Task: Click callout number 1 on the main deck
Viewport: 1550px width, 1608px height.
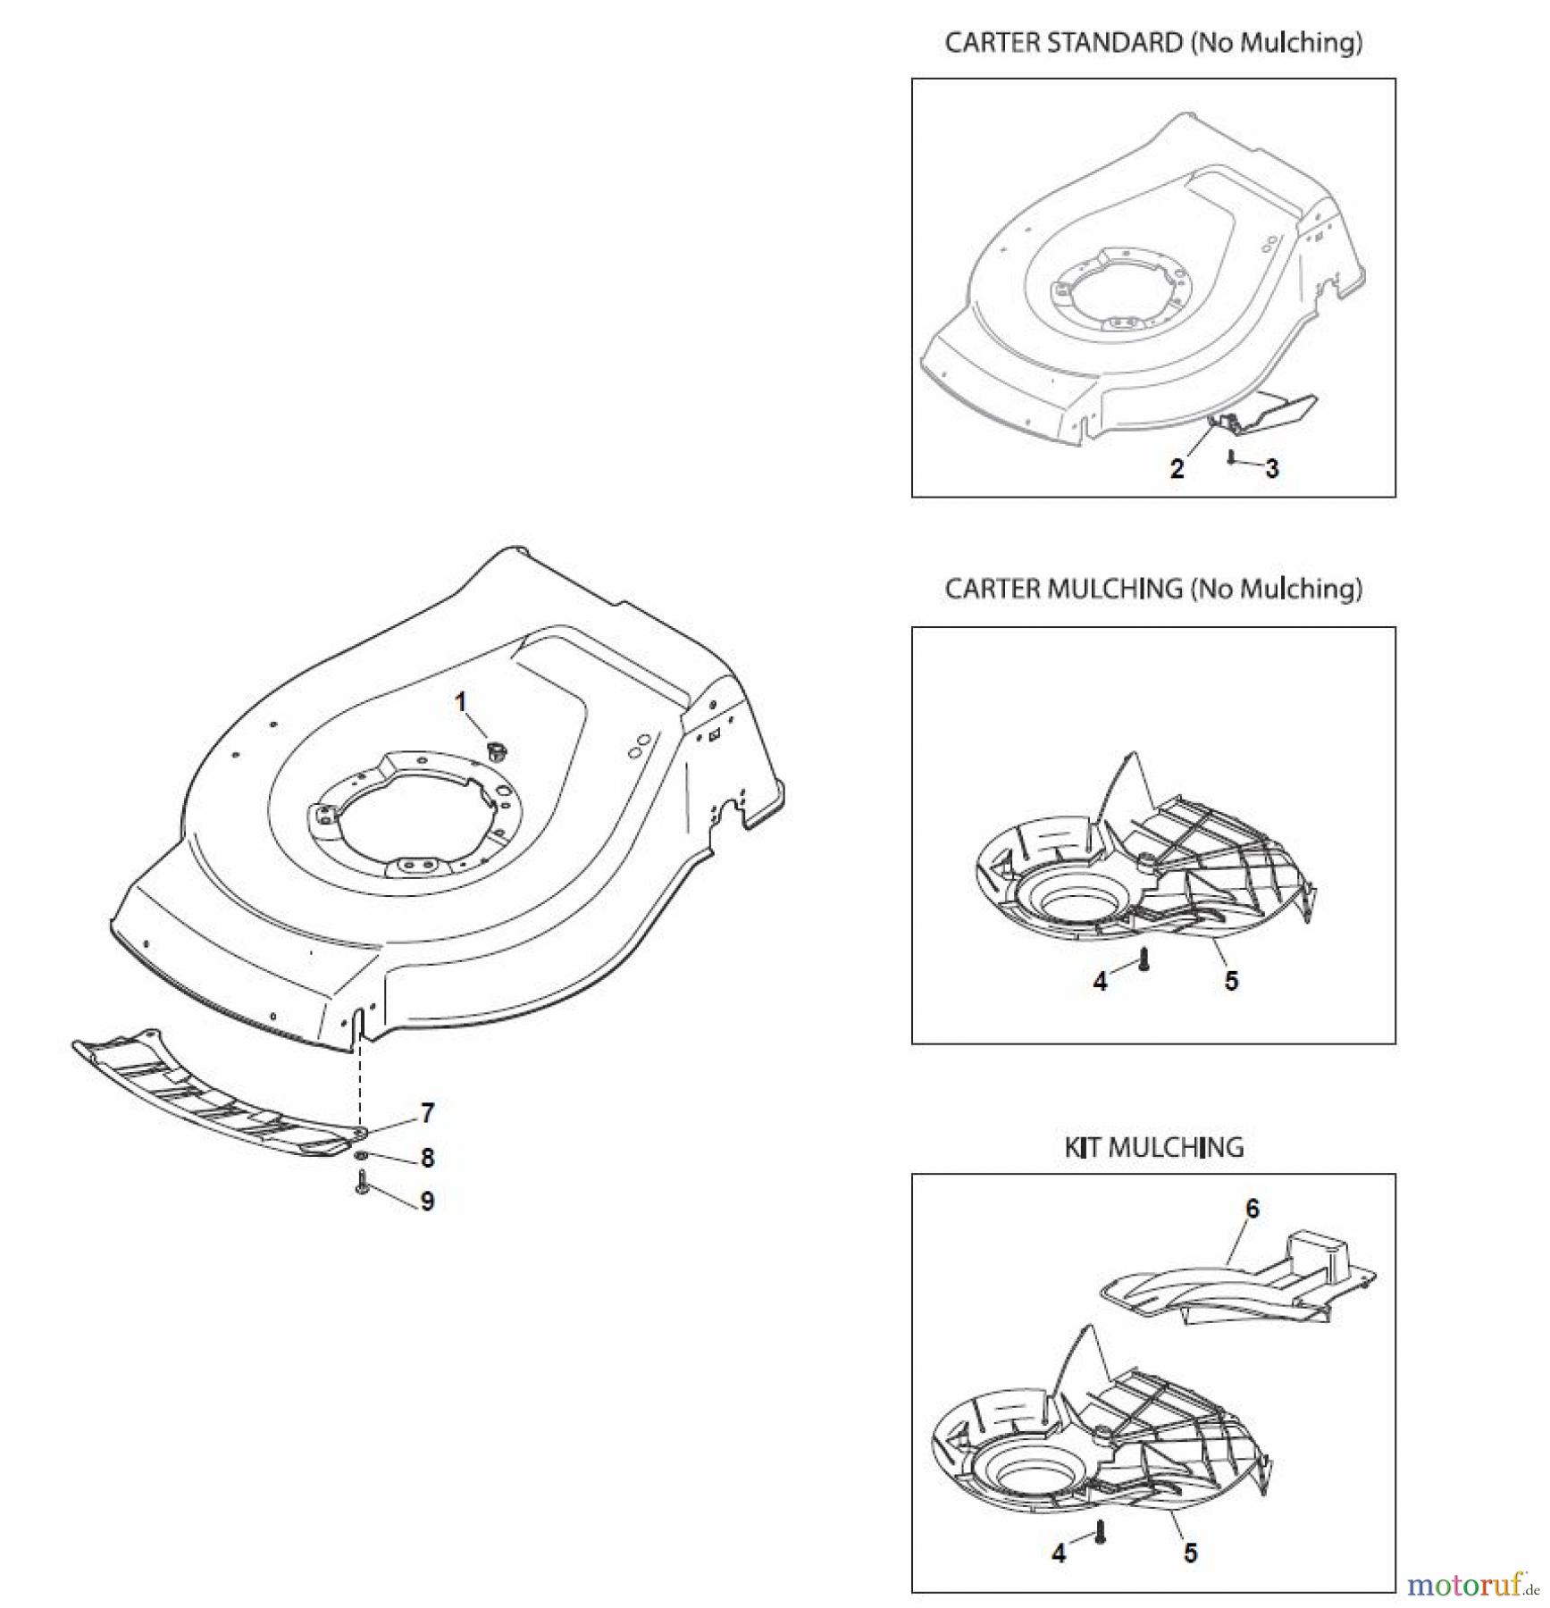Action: pyautogui.click(x=461, y=703)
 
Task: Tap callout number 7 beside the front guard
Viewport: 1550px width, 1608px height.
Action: pyautogui.click(x=428, y=1113)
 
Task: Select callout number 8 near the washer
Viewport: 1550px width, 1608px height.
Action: pyautogui.click(x=428, y=1159)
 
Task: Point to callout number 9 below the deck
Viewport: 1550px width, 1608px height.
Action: pyautogui.click(x=428, y=1202)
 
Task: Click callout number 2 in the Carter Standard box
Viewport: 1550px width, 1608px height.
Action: pyautogui.click(x=1177, y=468)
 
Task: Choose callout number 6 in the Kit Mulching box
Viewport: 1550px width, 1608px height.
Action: pyautogui.click(x=1253, y=1209)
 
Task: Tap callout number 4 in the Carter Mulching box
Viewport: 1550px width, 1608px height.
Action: pyautogui.click(x=1101, y=982)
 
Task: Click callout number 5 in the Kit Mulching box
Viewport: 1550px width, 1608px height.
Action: pyautogui.click(x=1191, y=1553)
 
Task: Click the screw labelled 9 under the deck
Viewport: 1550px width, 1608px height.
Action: pyautogui.click(x=362, y=1185)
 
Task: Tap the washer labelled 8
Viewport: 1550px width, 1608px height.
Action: pyautogui.click(x=360, y=1157)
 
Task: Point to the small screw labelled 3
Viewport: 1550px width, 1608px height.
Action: pyautogui.click(x=1232, y=457)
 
